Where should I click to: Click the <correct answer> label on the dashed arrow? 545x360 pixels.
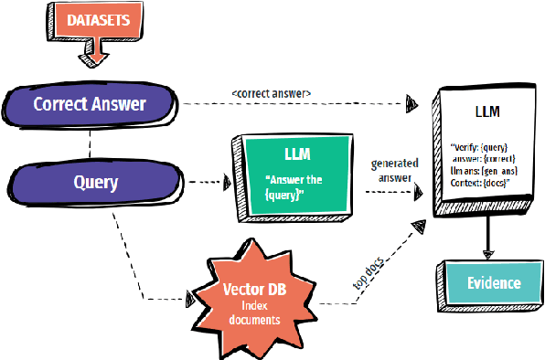(272, 92)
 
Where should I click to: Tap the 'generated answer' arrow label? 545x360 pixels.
(394, 171)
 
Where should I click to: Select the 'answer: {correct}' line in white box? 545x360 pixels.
(482, 159)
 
